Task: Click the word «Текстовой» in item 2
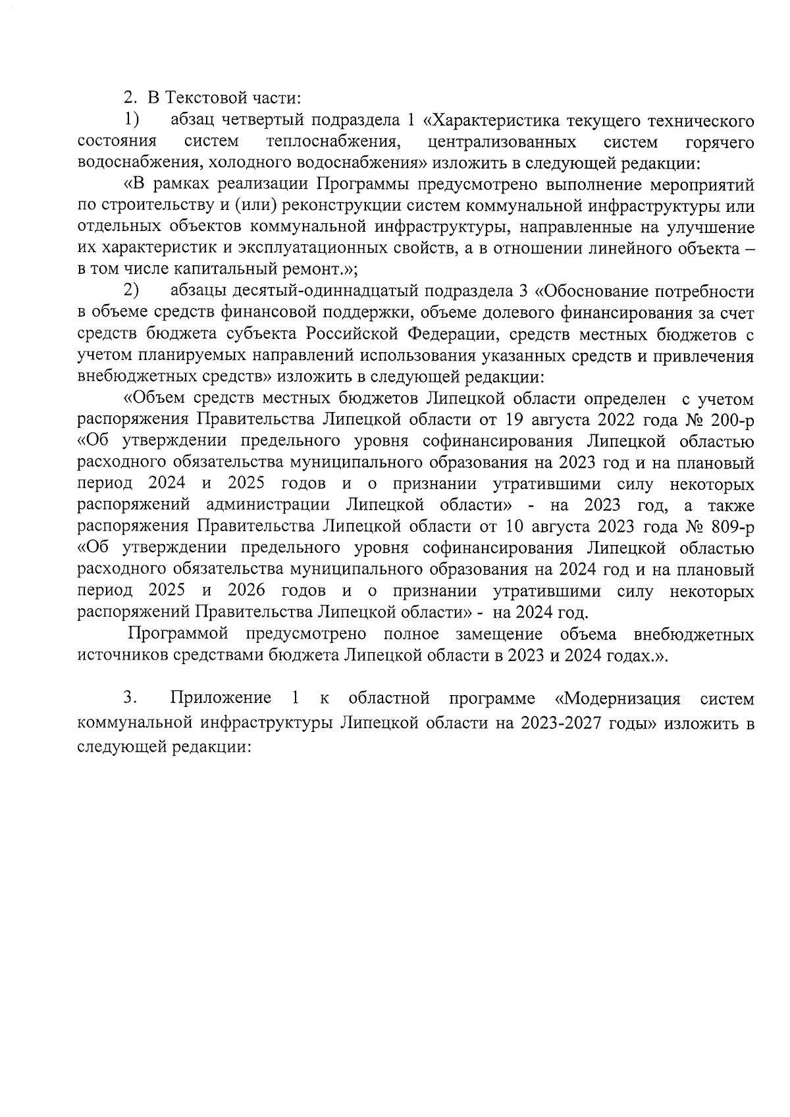coord(205,98)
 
